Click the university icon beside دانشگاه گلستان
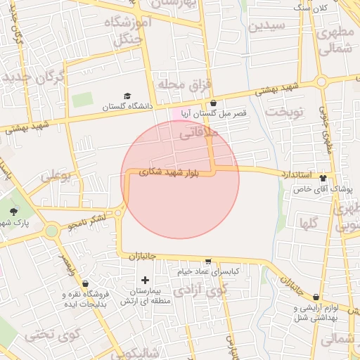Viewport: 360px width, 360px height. pos(127,96)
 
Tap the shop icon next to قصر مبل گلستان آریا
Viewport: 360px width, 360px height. pos(212,103)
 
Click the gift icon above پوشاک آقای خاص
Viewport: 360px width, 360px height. pos(323,178)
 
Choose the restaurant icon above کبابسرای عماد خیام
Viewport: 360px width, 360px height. pos(207,261)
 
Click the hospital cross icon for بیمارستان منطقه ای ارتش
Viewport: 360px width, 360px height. pos(146,280)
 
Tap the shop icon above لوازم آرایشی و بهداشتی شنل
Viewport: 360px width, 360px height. pos(316,297)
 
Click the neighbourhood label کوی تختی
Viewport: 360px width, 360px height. pos(49,335)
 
